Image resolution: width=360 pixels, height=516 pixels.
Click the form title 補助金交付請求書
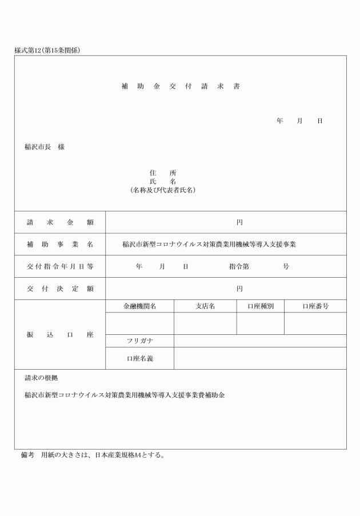tap(181, 87)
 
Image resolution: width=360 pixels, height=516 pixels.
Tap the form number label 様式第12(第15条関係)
tap(47, 50)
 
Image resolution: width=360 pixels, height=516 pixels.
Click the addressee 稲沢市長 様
tap(45, 147)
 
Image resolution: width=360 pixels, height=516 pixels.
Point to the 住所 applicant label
tap(163, 173)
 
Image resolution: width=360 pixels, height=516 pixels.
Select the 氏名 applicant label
tap(163, 181)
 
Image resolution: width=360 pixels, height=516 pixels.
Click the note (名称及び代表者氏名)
tap(163, 190)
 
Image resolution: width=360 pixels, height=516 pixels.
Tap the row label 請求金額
tap(60, 222)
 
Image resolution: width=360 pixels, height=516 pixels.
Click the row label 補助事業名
tap(60, 244)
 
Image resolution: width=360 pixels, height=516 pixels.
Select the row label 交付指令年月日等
tap(60, 266)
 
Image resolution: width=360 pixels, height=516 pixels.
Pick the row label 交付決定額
tap(60, 289)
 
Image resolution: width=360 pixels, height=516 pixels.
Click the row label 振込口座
tap(60, 334)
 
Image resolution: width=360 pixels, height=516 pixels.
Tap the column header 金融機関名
tap(139, 306)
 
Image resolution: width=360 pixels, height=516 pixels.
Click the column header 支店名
tap(205, 306)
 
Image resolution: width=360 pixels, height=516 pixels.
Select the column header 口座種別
tap(261, 306)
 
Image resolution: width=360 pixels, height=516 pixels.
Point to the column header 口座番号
tap(315, 306)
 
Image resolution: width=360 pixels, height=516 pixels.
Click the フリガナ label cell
tap(139, 341)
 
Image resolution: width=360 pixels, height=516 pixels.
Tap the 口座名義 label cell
tap(139, 359)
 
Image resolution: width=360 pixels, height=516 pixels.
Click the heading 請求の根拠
tap(41, 378)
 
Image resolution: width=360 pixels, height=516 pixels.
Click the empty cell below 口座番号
tap(315, 323)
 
